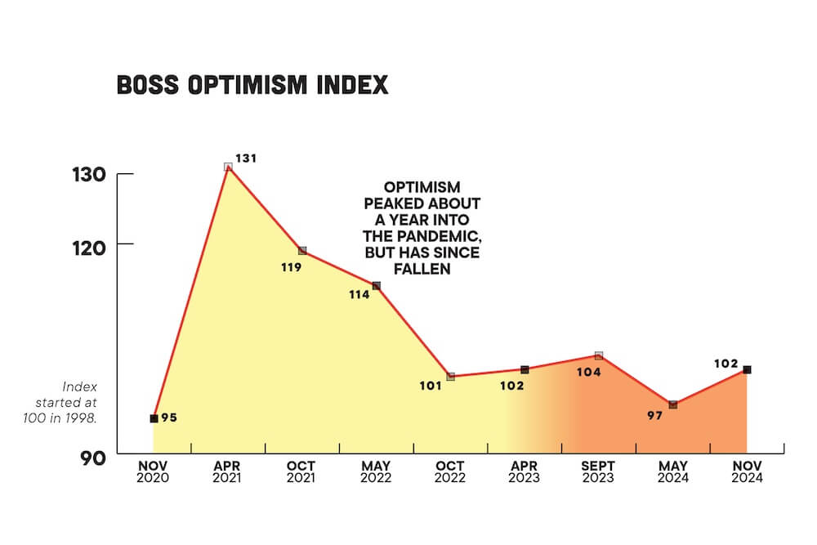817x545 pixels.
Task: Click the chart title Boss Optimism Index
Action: [252, 85]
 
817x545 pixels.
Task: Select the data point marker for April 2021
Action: [228, 167]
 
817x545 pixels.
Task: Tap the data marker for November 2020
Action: [154, 418]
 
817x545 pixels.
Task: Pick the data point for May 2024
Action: [673, 404]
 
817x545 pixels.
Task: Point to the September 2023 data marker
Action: [599, 355]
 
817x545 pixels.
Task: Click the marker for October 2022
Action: [450, 377]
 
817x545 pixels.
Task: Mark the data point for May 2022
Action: [377, 285]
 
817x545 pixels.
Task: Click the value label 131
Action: [246, 158]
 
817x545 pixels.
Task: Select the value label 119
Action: [290, 267]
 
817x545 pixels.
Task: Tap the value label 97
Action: [656, 416]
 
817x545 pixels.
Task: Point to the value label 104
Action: [588, 372]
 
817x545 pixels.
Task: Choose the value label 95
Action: [169, 418]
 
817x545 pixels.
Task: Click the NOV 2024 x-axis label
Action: [748, 472]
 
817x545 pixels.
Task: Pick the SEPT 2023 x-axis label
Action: [598, 472]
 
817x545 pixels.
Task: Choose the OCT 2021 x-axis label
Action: [301, 472]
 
